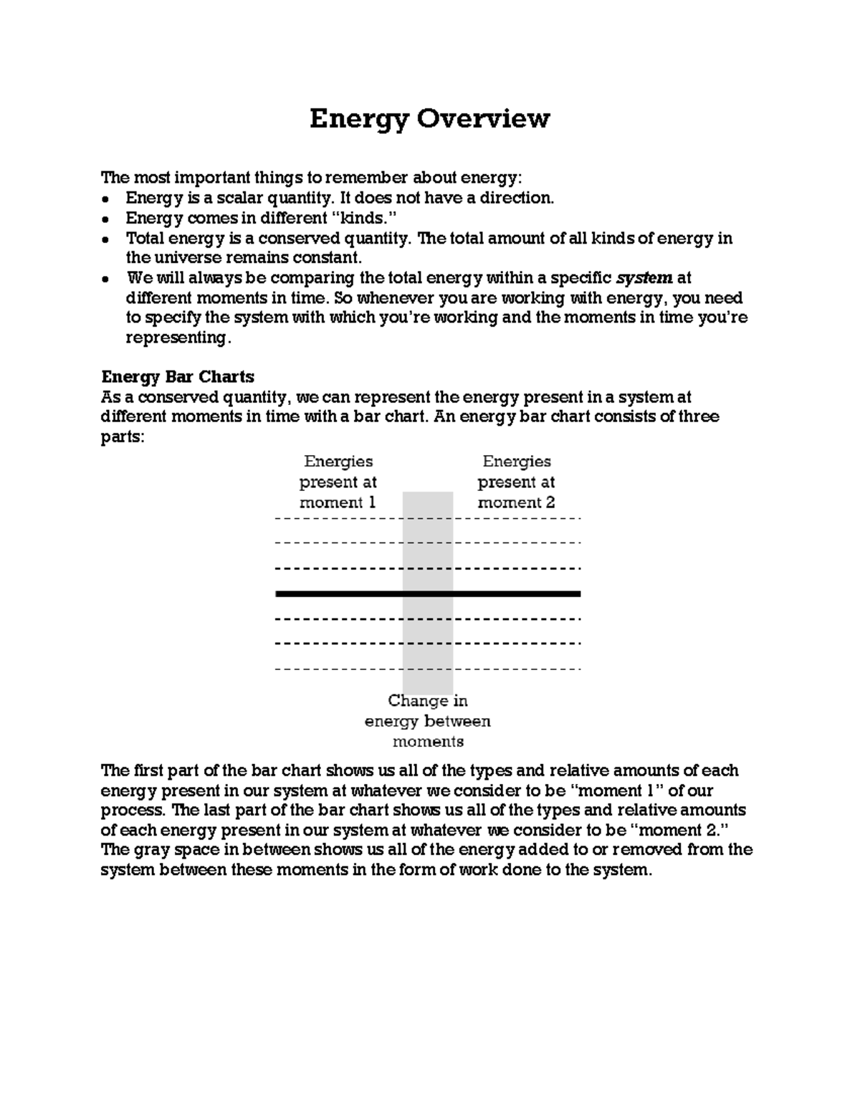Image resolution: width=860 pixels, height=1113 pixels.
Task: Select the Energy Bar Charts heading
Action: point(178,377)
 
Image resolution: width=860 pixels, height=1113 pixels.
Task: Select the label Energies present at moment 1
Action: point(338,482)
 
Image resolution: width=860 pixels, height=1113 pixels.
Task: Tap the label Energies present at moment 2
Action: point(516,482)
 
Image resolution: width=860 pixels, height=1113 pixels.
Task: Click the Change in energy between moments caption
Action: point(427,721)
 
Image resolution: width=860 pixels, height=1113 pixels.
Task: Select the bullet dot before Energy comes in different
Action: point(106,219)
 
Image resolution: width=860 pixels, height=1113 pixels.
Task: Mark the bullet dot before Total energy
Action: point(106,239)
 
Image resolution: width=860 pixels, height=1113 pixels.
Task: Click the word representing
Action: point(178,338)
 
